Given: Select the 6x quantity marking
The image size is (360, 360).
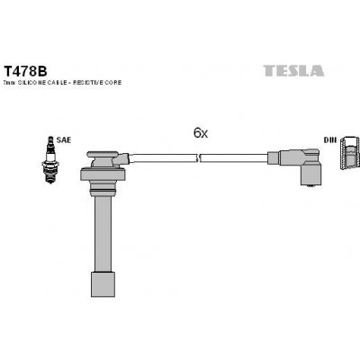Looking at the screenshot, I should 201,133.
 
